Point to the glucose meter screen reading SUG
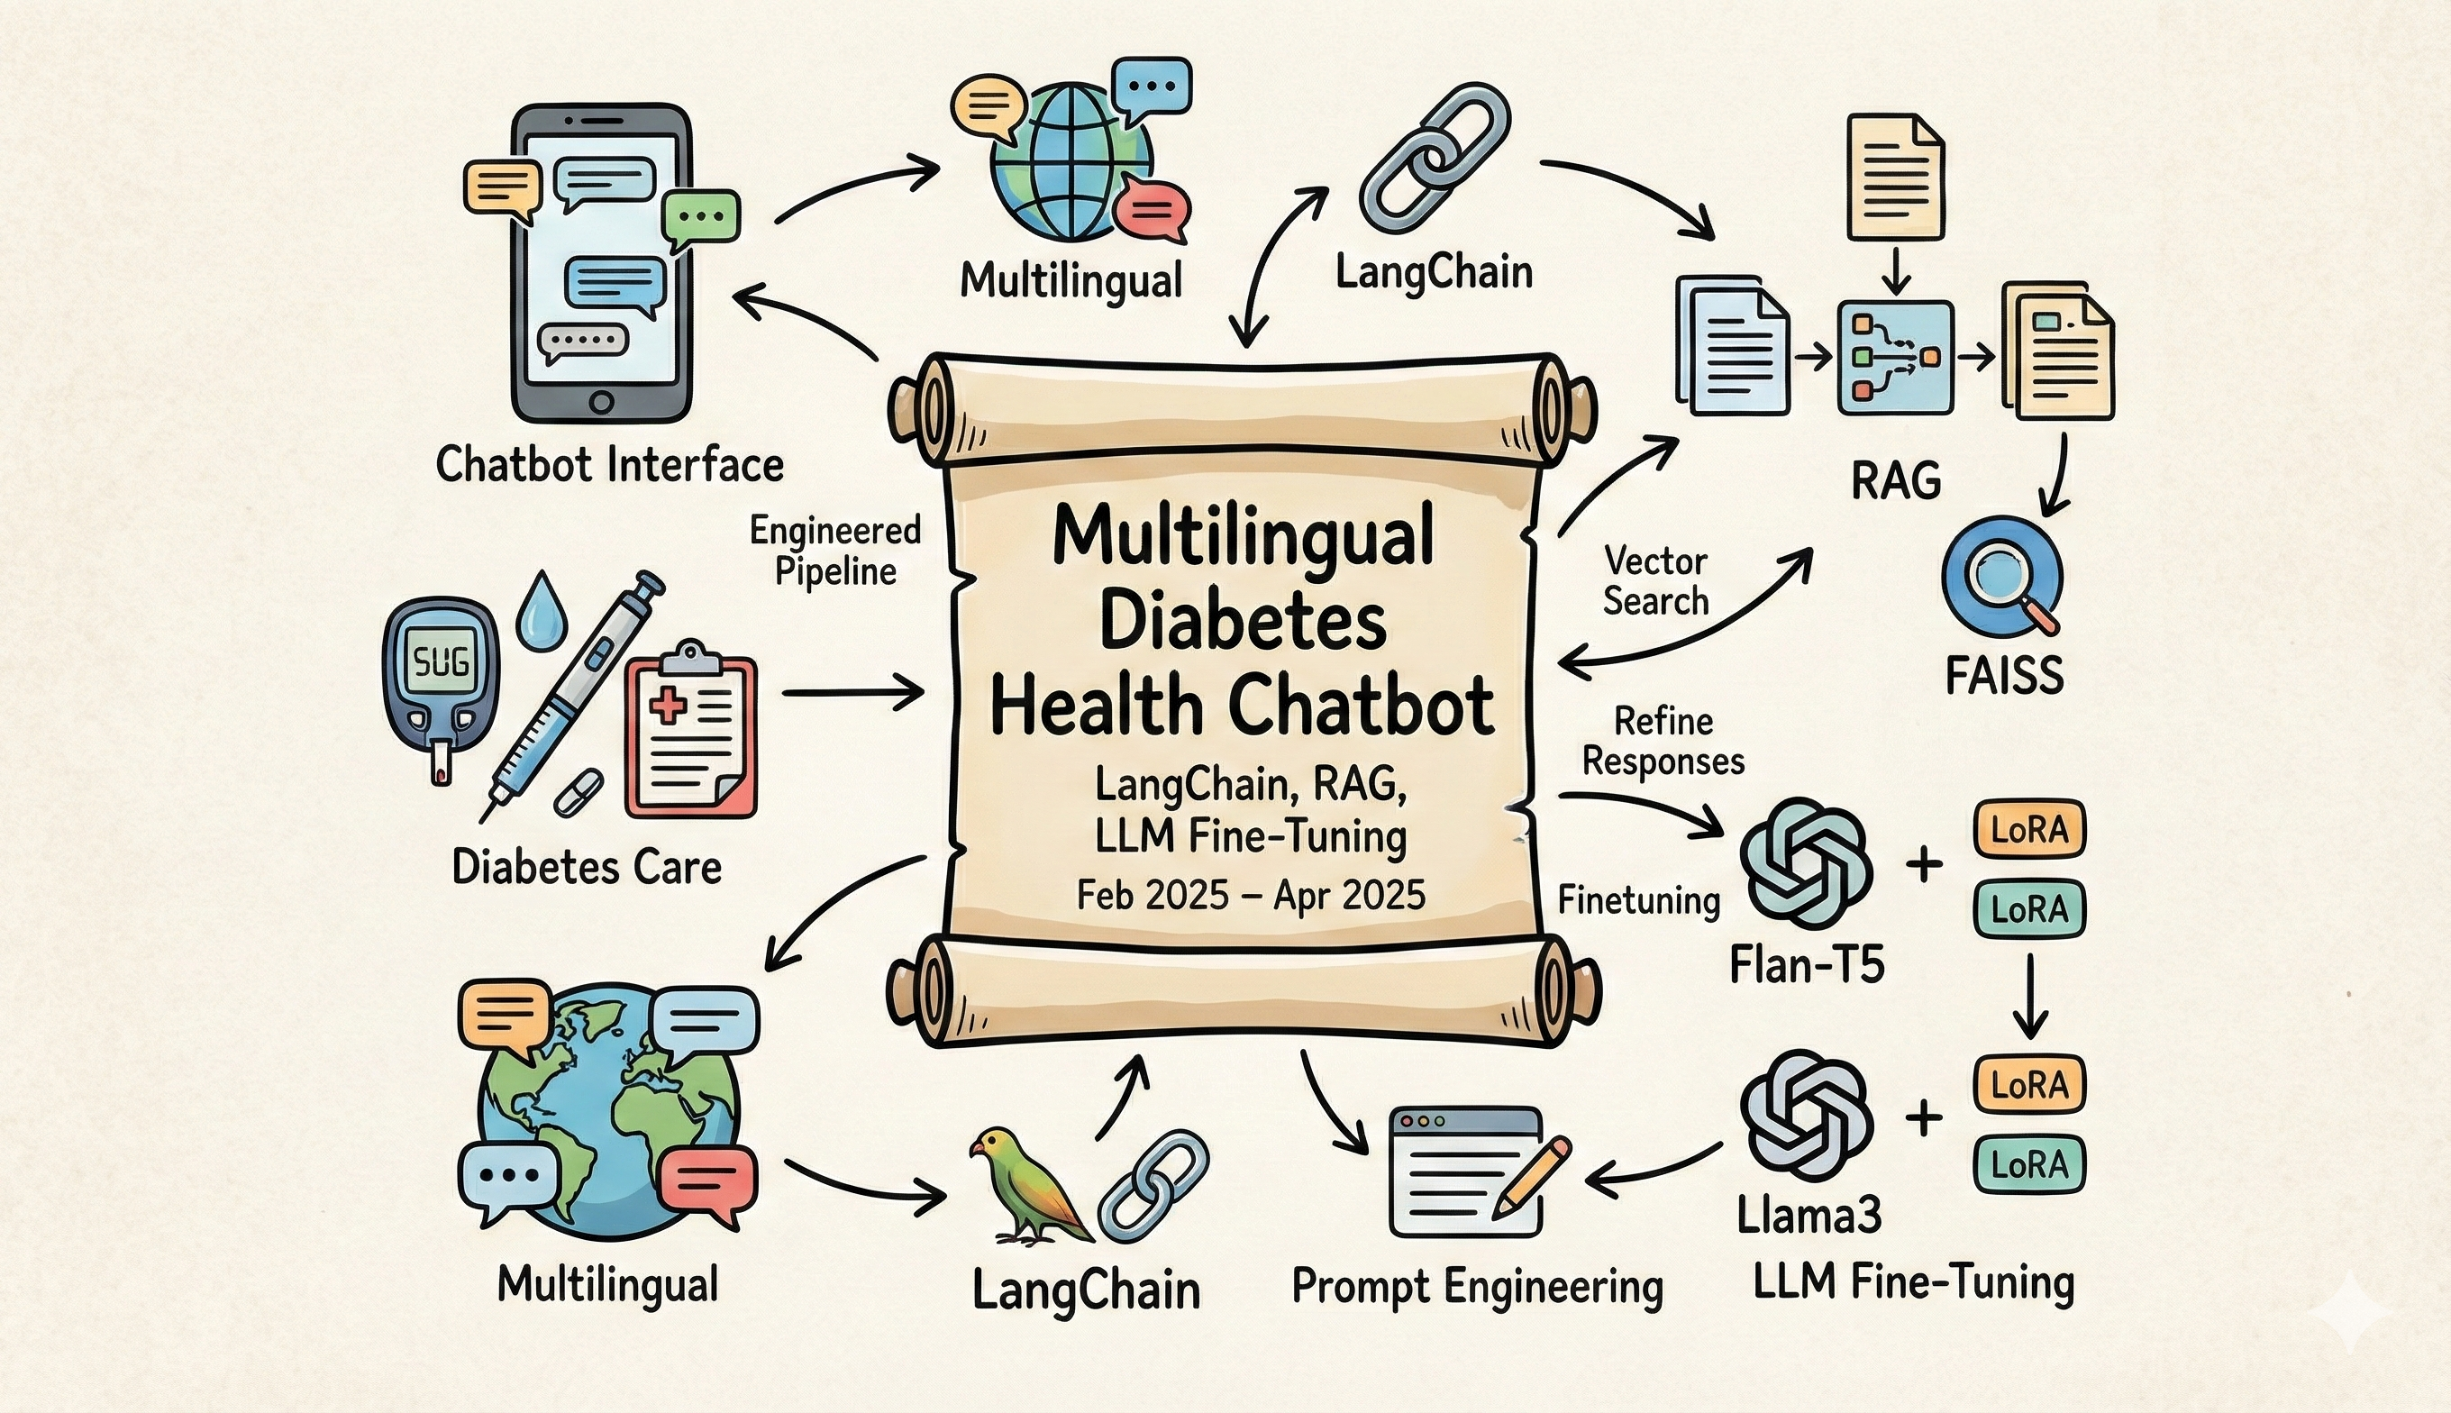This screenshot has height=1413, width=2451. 441,663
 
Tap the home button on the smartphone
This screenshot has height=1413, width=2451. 602,401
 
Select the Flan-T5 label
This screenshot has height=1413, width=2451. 1807,966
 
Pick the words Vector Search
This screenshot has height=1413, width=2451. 1655,580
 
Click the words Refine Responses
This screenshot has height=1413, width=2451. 1663,741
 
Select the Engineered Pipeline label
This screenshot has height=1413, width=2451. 835,551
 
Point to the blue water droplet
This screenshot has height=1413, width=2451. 534,609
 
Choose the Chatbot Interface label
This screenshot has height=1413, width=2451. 609,465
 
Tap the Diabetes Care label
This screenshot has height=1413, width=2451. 587,867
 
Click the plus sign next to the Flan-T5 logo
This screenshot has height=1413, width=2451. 1923,863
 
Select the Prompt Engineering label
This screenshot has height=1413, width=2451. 1477,1287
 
